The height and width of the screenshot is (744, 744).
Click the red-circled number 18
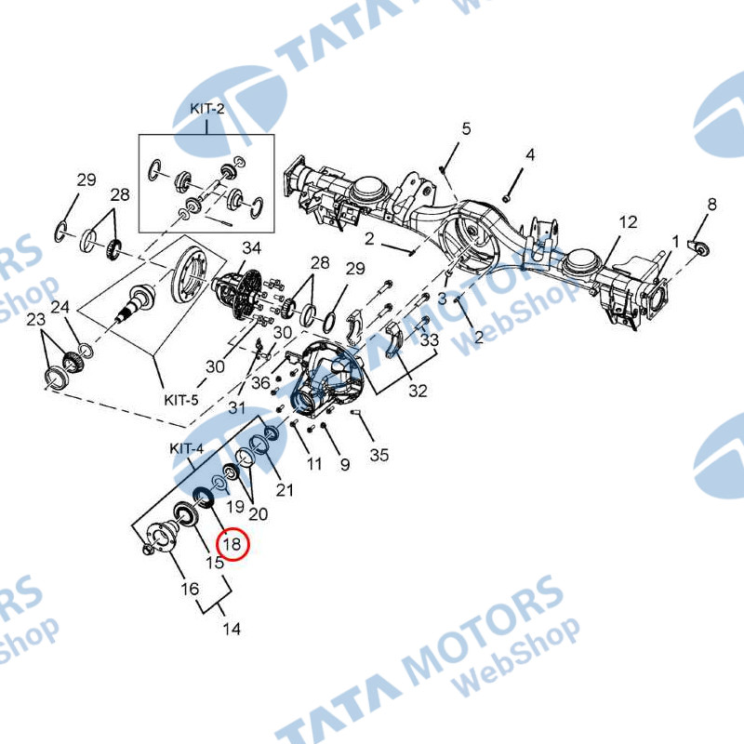click(x=232, y=543)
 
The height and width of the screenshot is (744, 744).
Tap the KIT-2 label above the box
click(x=207, y=109)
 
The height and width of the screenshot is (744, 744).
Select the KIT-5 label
click(x=181, y=400)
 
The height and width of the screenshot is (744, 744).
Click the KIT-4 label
click(x=186, y=448)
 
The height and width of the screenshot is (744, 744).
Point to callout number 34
click(x=252, y=249)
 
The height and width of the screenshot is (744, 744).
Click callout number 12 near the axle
click(x=628, y=222)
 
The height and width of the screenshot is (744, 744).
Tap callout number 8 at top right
click(x=711, y=205)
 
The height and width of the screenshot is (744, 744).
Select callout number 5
click(x=466, y=128)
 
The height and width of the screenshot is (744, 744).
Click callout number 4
click(x=529, y=154)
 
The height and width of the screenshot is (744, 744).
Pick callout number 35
click(x=379, y=455)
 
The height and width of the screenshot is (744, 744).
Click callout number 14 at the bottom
click(x=231, y=629)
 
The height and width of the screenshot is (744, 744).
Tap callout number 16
click(x=189, y=588)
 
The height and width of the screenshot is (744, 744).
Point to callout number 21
click(x=285, y=490)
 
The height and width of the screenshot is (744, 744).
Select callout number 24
click(x=60, y=307)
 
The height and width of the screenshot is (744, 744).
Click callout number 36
click(x=261, y=382)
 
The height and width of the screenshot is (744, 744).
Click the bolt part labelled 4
click(x=507, y=197)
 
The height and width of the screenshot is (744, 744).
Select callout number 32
click(x=418, y=391)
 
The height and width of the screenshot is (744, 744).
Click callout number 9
click(x=344, y=463)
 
